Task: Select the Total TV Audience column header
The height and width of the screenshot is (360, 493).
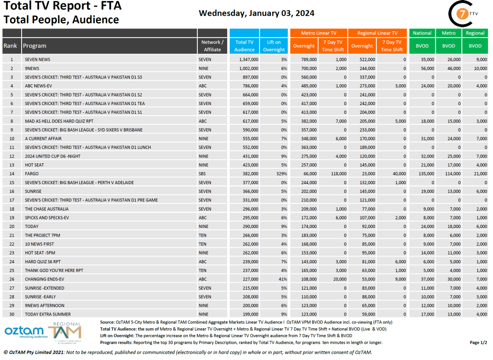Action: tap(245, 46)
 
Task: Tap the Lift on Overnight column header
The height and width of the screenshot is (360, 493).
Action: tap(274, 46)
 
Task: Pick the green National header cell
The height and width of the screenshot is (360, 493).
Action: tap(422, 33)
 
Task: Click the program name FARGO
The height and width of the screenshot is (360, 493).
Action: tap(32, 173)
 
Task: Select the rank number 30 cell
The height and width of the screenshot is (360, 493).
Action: tap(11, 314)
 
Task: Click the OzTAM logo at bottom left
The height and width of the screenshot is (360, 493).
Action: tap(24, 332)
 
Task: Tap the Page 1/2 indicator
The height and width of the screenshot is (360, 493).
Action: tap(478, 343)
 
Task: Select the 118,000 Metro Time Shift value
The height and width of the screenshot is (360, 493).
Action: tap(337, 173)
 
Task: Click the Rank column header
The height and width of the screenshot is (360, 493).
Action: tap(10, 46)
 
